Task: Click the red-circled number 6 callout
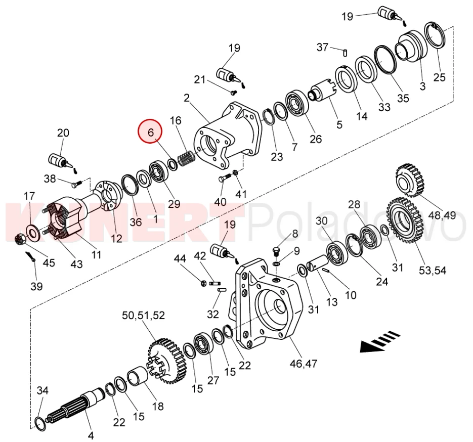point(150,132)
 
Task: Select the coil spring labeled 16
point(186,158)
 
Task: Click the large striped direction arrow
point(380,341)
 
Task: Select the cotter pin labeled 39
point(31,256)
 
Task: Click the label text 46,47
point(304,364)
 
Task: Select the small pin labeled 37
point(346,53)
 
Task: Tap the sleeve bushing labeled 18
point(138,375)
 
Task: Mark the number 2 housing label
point(187,98)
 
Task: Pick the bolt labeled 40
point(225,178)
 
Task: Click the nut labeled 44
point(204,283)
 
